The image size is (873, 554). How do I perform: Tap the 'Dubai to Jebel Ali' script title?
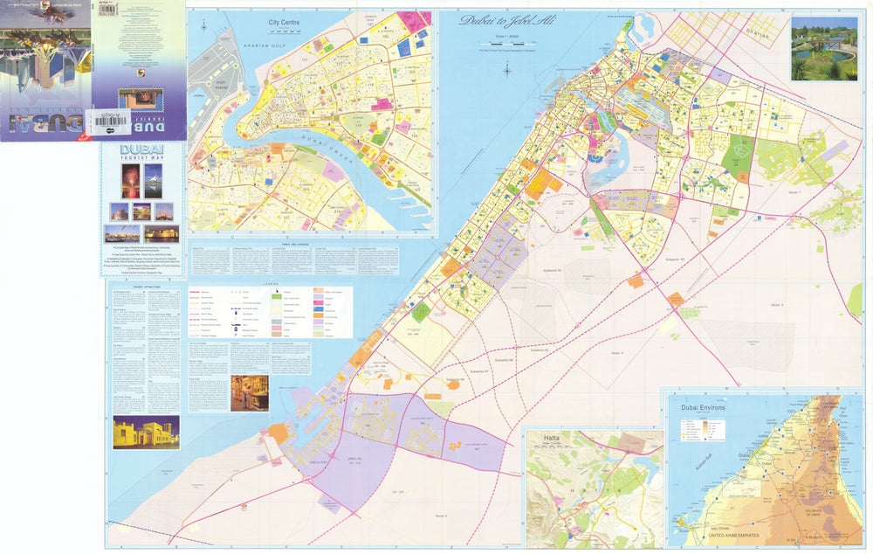501,20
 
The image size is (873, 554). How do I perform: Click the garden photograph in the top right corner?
824,48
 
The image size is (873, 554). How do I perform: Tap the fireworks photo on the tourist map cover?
129,181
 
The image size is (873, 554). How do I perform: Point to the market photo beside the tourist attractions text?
250,393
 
